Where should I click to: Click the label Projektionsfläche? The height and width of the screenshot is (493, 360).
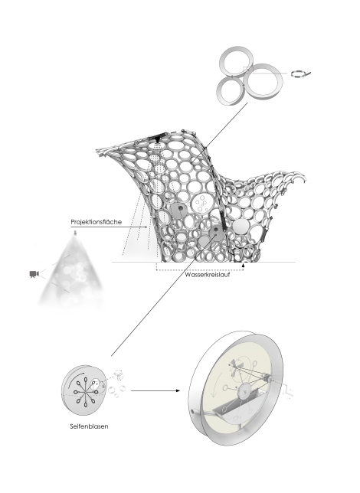tap(96, 222)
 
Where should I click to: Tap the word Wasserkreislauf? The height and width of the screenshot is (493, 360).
tap(208, 275)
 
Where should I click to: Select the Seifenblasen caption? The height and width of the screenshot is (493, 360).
tap(89, 426)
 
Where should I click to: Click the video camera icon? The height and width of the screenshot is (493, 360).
tap(34, 274)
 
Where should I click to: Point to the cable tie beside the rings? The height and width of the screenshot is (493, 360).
tap(300, 74)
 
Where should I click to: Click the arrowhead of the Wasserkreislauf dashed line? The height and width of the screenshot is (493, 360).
tap(243, 266)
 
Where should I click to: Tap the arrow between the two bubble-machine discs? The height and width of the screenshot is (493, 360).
tap(155, 391)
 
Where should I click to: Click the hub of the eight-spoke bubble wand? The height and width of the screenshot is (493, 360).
tap(84, 393)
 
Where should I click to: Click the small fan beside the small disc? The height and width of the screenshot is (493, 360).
tap(118, 375)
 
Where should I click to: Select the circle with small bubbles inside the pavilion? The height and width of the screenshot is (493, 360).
tap(200, 204)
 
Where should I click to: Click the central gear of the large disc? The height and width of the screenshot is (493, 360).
tap(244, 392)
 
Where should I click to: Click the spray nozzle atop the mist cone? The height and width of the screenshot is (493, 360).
tap(75, 233)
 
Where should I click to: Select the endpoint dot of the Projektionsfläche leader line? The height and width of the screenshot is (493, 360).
tap(146, 227)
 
